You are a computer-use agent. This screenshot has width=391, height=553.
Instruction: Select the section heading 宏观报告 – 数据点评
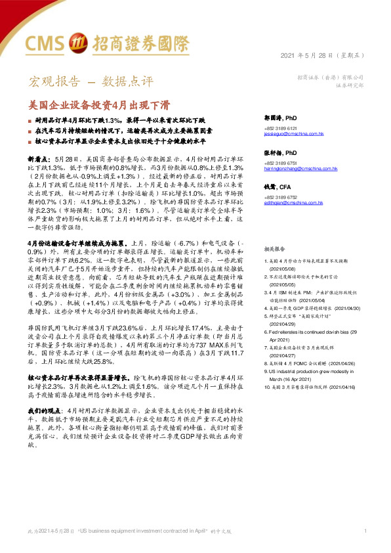tap(91, 82)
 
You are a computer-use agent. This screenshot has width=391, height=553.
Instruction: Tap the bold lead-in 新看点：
tap(41, 160)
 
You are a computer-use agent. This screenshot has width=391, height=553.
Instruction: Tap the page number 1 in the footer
tap(365, 530)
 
